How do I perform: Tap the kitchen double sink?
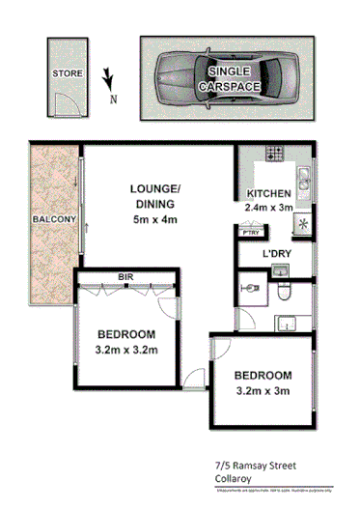click(x=303, y=177)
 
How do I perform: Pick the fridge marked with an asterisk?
click(x=303, y=223)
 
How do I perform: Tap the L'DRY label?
click(x=277, y=254)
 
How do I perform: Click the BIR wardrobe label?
click(x=125, y=277)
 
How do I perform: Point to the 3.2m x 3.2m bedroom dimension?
click(x=125, y=351)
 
